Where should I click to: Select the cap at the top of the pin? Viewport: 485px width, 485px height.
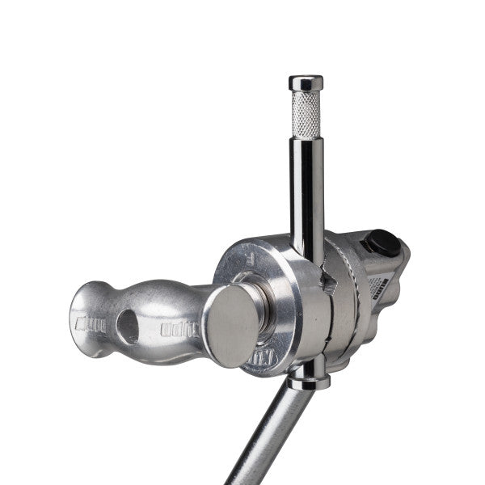coord(306,82)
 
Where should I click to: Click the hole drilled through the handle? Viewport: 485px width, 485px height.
coord(128,325)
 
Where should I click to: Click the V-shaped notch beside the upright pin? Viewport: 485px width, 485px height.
coord(327,279)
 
